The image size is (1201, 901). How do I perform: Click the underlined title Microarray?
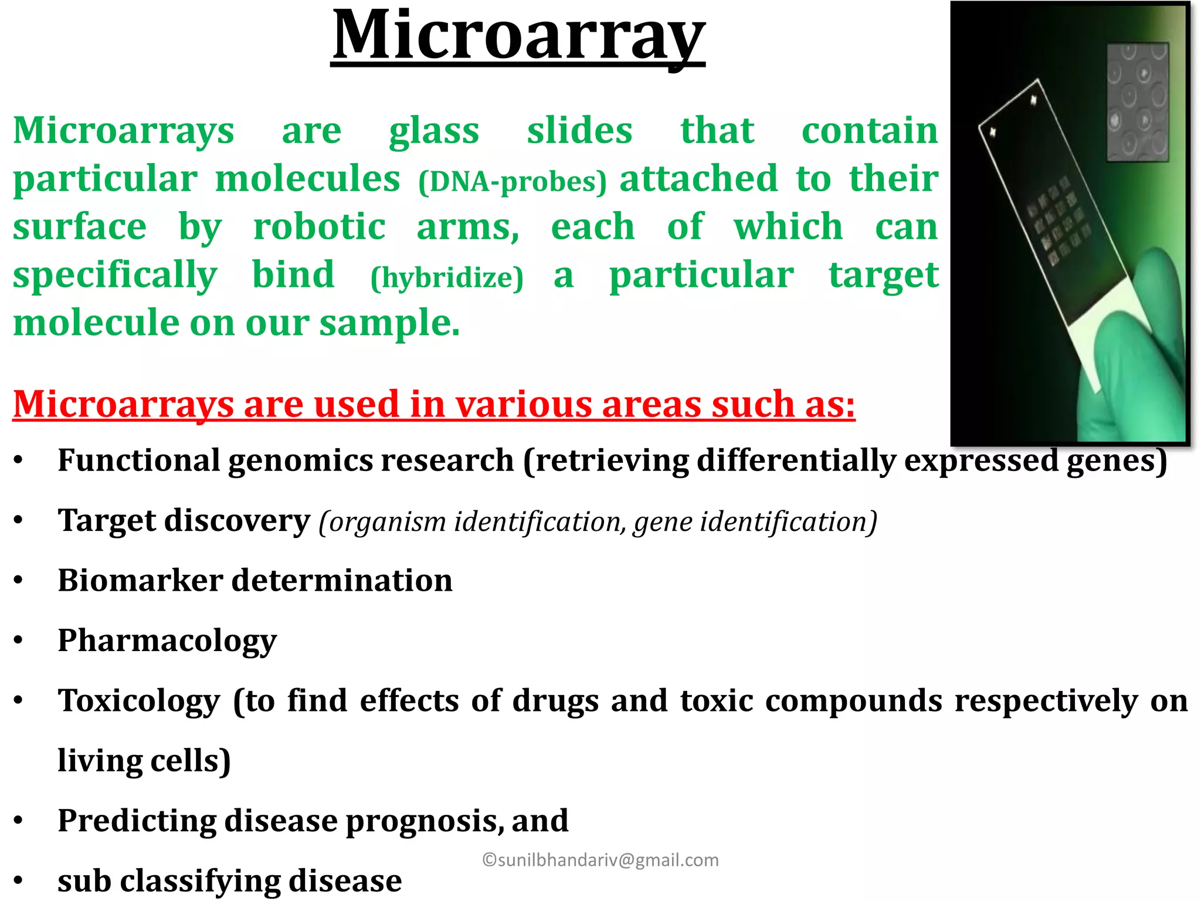point(518,36)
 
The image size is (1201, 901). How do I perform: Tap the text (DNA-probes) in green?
point(513,182)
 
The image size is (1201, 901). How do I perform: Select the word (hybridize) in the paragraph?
point(447,277)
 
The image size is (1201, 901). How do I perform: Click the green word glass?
point(434,131)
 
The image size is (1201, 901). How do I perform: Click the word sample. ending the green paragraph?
point(389,324)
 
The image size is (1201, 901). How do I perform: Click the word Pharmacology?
point(167,641)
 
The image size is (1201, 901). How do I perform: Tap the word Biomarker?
point(140,581)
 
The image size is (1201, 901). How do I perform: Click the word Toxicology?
point(139,701)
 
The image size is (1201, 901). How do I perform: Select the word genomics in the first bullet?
point(300,460)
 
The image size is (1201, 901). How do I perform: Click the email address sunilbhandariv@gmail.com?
point(600,860)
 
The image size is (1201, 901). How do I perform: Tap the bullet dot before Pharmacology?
point(19,641)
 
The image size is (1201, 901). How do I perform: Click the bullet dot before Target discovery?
point(19,521)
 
